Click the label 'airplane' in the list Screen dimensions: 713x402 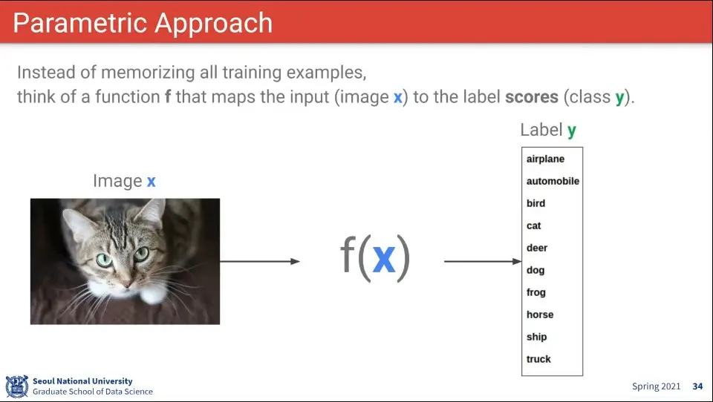[x=545, y=159]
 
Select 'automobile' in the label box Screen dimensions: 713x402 [x=553, y=181]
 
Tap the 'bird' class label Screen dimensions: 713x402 [x=535, y=203]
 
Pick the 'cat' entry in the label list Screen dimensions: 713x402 [x=533, y=225]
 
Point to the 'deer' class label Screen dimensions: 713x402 [x=536, y=248]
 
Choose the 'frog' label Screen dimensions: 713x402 [x=535, y=292]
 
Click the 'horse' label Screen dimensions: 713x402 [x=540, y=314]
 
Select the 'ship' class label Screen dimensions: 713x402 [x=536, y=337]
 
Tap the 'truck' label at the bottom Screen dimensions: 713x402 [x=538, y=359]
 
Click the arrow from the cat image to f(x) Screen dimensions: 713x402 [x=260, y=261]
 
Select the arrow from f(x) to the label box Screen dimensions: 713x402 [x=483, y=261]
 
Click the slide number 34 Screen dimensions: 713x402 [x=697, y=386]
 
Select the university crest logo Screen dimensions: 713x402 [x=17, y=386]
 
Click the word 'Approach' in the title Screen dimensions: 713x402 [x=213, y=24]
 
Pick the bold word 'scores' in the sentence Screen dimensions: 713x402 [x=532, y=96]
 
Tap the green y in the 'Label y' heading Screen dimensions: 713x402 [x=572, y=131]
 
